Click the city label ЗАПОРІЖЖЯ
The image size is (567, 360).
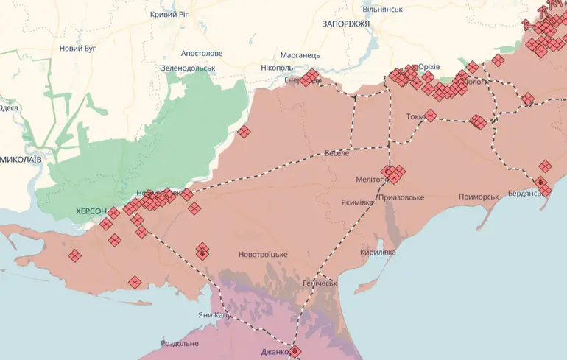point(346,24)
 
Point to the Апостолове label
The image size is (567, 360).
point(202,54)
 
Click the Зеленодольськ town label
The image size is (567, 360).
point(189,68)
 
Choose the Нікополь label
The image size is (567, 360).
point(277,68)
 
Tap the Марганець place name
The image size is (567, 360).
point(300,55)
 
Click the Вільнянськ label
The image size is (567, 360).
point(382,9)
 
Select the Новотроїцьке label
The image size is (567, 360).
point(263,255)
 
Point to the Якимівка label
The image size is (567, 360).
point(357,202)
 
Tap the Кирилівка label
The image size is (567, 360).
point(378,252)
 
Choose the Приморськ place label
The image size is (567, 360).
point(479,196)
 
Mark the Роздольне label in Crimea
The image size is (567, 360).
point(180,343)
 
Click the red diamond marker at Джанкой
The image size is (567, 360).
point(295,351)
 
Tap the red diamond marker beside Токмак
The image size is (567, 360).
point(431,116)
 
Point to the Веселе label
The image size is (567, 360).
point(337,153)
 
